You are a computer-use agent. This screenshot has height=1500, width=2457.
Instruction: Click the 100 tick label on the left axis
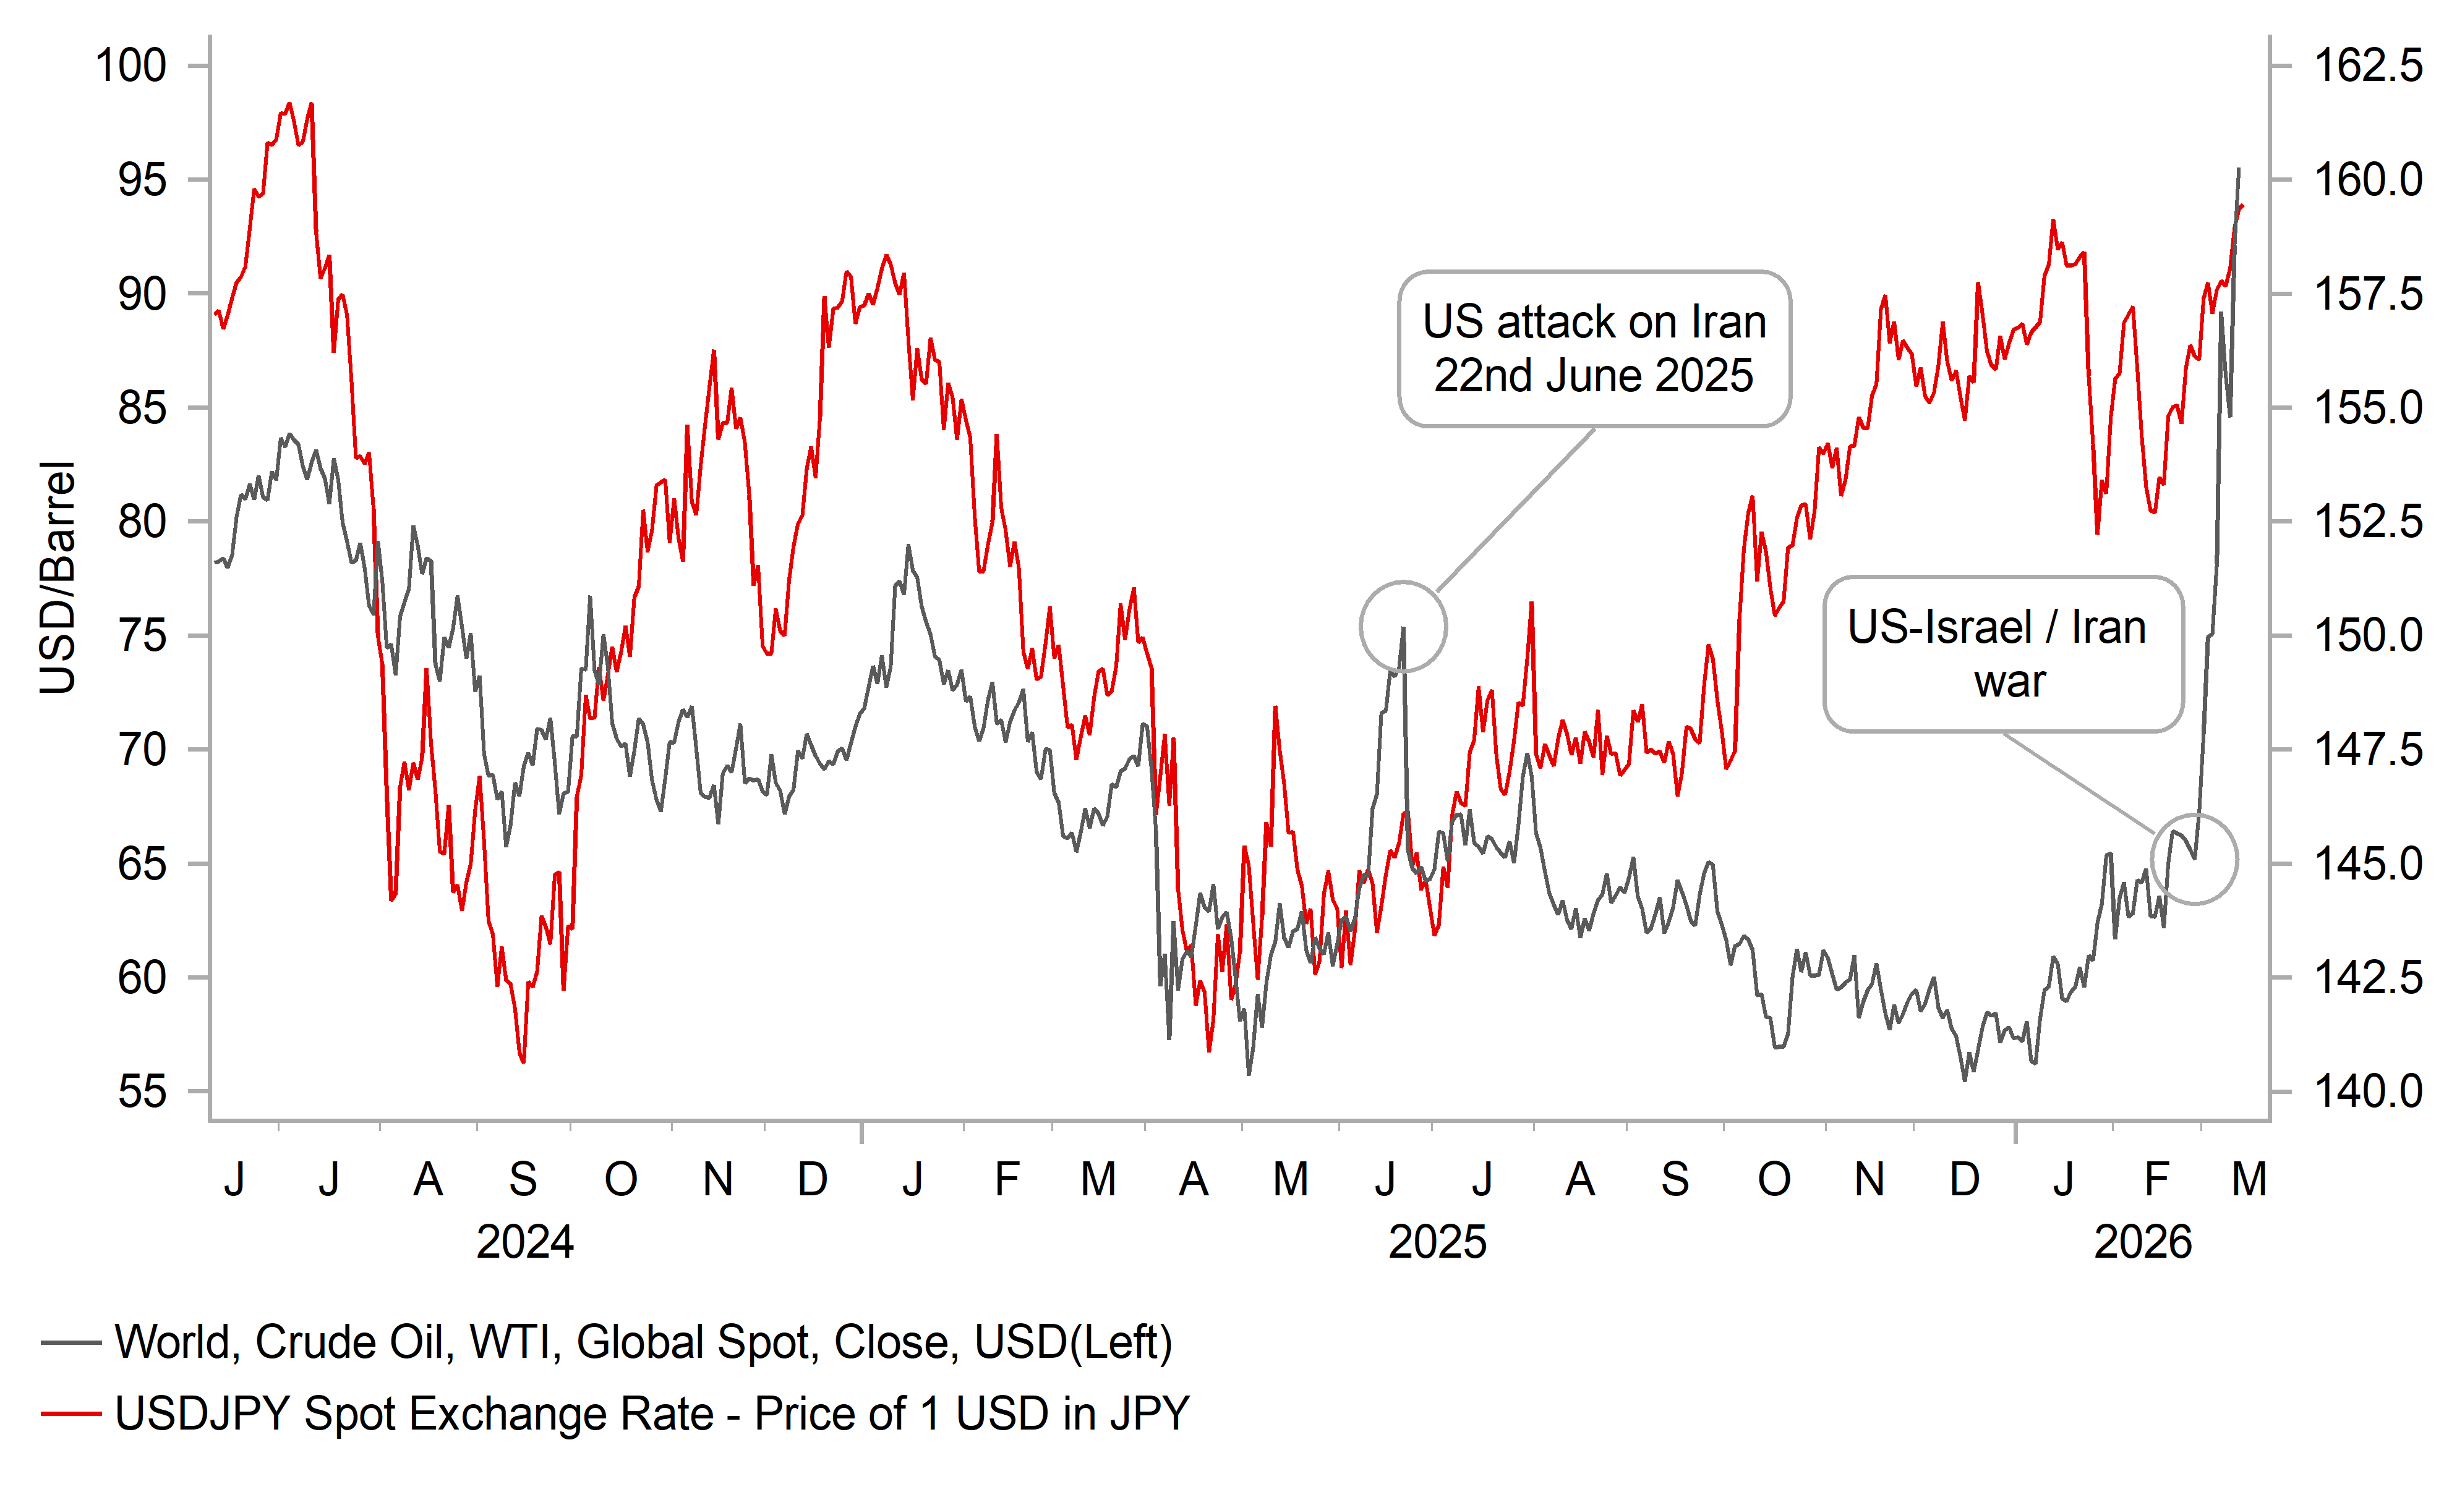point(130,66)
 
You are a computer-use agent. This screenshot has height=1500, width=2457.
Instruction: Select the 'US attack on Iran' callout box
point(1594,349)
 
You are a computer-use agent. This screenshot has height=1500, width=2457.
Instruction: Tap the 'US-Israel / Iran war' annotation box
point(2002,654)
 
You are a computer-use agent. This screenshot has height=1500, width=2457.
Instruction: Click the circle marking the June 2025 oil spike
point(1403,627)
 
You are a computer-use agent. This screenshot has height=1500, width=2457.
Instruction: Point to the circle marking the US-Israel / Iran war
point(2194,859)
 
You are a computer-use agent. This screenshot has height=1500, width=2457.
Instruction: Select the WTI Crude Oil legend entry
point(643,1342)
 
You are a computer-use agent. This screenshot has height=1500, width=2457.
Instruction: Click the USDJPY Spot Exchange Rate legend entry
point(652,1414)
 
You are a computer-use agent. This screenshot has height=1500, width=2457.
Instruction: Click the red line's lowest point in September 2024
point(523,1061)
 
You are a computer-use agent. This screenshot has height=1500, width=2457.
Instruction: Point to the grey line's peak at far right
point(2239,169)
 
